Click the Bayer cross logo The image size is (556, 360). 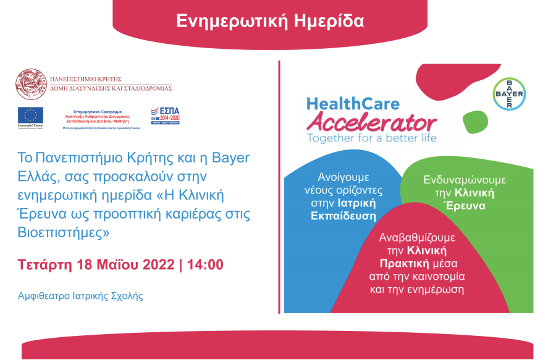[510, 94]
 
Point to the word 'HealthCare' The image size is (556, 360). [353, 104]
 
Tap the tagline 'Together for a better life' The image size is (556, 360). [372, 138]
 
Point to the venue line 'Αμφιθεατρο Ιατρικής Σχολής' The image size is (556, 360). [81, 296]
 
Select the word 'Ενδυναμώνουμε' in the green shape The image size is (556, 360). [465, 180]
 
